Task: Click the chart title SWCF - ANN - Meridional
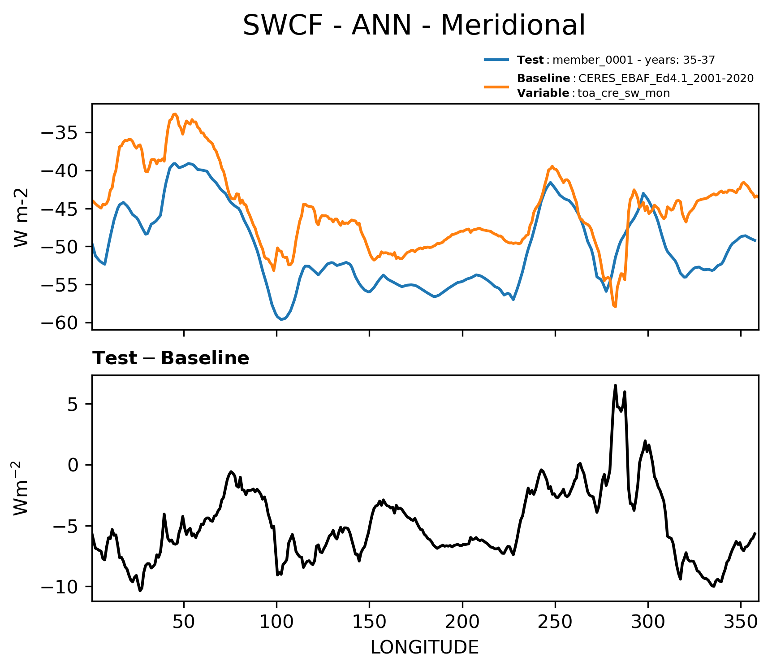click(414, 25)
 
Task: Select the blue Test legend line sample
click(496, 60)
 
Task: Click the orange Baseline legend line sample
click(496, 86)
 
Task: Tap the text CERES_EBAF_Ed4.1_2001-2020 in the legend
click(666, 78)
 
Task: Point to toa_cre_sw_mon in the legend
click(624, 93)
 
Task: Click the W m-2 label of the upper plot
click(22, 218)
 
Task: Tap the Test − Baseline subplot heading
click(171, 358)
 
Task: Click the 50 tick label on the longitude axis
click(184, 622)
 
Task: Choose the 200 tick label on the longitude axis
click(462, 622)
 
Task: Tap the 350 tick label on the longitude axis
click(741, 622)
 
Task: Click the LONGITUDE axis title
click(425, 648)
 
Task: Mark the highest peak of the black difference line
click(615, 385)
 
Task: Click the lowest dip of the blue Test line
click(281, 319)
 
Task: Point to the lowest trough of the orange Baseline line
click(615, 307)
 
